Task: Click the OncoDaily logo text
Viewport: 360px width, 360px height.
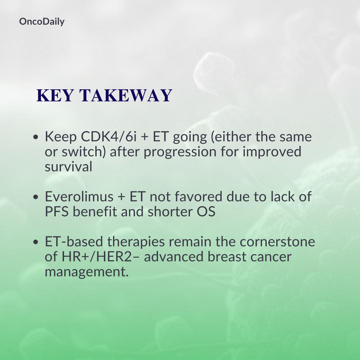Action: coord(42,22)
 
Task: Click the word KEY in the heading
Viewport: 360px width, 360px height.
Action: coord(55,95)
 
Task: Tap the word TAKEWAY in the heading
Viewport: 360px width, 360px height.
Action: coord(126,95)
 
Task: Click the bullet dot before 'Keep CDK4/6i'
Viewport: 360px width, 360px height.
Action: coord(36,137)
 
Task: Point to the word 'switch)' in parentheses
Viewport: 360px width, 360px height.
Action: coord(84,152)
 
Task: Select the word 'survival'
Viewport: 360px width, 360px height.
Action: coord(68,166)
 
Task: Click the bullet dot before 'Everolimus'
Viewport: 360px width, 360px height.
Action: coord(36,197)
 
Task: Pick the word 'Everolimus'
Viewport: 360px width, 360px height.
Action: coord(79,197)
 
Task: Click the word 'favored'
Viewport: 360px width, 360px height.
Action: coord(198,197)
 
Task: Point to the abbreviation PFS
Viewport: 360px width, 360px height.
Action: coord(57,211)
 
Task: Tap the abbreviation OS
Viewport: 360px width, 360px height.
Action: coord(206,211)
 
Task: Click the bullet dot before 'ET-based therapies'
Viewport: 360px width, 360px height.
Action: coord(36,242)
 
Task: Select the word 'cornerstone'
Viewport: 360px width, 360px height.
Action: coord(277,242)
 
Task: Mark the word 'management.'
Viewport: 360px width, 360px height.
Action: coord(87,272)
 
